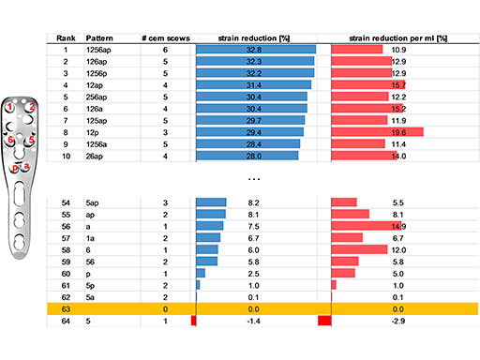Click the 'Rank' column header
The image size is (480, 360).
66,37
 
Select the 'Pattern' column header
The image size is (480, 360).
100,37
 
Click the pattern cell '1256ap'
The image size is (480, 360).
99,49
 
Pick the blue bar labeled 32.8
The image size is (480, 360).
256,49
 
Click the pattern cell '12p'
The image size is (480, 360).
94,132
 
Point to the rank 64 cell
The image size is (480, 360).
66,322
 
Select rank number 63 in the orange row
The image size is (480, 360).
66,308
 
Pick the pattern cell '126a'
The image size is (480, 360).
96,109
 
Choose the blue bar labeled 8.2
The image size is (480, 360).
211,202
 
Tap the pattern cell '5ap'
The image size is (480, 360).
94,202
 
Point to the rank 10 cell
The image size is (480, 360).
66,156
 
